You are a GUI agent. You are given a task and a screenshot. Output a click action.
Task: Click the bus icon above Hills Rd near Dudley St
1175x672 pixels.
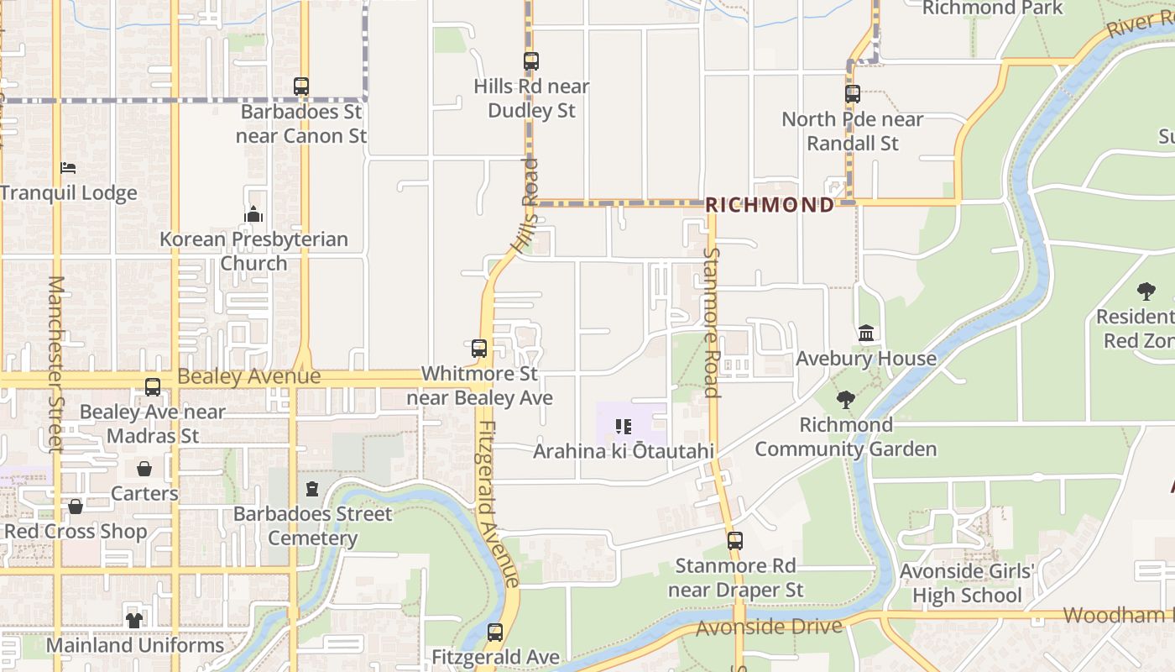pos(530,60)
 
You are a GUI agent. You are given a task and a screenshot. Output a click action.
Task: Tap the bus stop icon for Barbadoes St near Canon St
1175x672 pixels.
pos(301,86)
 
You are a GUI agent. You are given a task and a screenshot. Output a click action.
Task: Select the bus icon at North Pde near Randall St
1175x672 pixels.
pos(853,93)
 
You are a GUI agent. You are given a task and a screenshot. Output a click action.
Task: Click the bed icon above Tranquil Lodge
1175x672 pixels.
pos(69,168)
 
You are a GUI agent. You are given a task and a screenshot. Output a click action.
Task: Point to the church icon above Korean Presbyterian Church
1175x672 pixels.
pos(253,214)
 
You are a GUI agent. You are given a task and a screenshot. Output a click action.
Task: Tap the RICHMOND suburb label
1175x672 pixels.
pos(770,205)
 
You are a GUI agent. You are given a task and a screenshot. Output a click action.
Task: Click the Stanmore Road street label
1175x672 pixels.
pos(712,322)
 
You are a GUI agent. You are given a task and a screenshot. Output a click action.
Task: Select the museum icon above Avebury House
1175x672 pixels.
pos(866,333)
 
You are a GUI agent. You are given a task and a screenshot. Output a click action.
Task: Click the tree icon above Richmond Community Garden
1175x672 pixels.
pos(846,400)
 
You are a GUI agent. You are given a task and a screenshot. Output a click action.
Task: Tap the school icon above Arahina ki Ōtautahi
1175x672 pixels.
pos(623,427)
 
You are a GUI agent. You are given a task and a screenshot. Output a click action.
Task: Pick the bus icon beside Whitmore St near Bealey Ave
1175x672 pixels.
pos(479,348)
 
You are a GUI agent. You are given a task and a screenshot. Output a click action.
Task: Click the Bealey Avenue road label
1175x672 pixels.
pos(249,376)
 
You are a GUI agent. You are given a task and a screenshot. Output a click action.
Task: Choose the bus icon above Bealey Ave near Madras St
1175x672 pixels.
pos(153,387)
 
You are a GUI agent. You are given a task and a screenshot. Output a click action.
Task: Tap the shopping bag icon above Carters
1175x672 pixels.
pos(144,468)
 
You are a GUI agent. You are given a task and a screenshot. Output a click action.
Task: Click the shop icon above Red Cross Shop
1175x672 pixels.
pos(76,507)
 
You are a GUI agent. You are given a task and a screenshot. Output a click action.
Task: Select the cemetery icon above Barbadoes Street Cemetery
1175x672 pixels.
pos(312,488)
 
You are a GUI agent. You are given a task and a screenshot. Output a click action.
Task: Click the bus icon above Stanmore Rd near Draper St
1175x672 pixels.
pos(735,541)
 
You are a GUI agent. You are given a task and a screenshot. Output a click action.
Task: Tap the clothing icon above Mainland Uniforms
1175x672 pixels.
pos(134,620)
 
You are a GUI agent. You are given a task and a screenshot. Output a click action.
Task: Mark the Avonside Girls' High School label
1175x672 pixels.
pos(967,584)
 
